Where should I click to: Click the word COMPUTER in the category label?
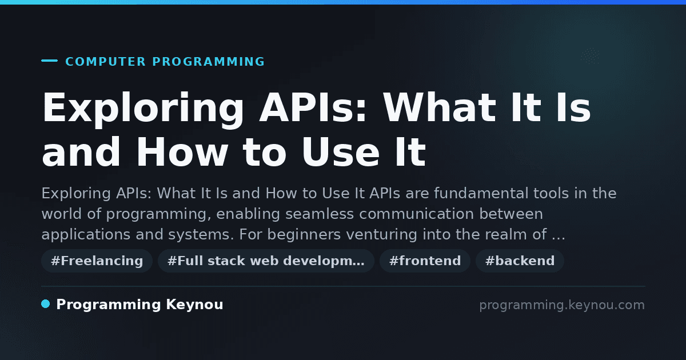pos(105,62)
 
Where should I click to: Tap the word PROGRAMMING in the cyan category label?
pos(208,62)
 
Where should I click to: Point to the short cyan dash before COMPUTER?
pos(49,61)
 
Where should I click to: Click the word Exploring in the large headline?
pos(143,109)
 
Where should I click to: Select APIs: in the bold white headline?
pos(313,107)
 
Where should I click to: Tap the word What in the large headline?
pos(439,107)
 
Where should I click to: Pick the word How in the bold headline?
pos(182,152)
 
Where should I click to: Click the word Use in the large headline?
pos(341,152)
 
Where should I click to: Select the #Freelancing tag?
pos(97,261)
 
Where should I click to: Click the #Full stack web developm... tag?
pos(266,261)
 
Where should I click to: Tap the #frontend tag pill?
pos(425,261)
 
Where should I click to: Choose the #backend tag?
pos(520,261)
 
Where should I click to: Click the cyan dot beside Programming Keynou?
pos(45,304)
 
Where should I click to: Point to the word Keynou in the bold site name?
pos(194,305)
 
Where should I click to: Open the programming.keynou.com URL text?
pos(562,305)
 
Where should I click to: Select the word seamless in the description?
pos(320,214)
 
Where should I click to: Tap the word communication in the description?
pos(417,214)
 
